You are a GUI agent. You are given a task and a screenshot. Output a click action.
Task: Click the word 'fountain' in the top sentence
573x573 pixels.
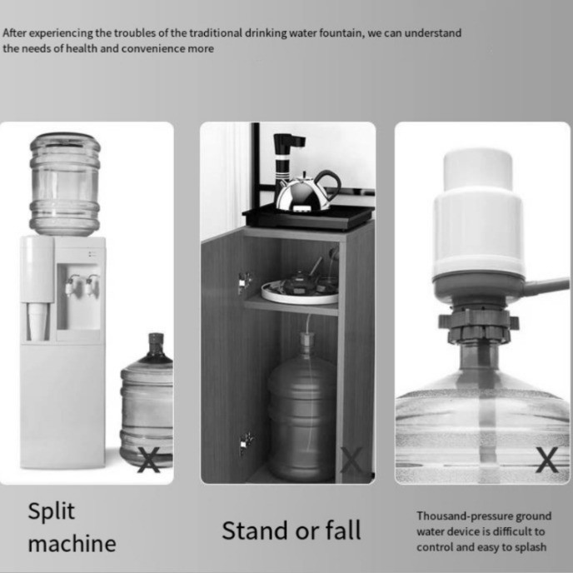point(341,32)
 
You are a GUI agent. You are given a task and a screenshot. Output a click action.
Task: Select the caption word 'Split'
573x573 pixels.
point(52,511)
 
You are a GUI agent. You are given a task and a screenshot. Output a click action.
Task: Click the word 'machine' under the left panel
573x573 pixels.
point(72,544)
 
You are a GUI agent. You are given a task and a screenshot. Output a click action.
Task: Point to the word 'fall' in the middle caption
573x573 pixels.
point(343,531)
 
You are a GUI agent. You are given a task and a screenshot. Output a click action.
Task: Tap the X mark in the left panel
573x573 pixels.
point(149,460)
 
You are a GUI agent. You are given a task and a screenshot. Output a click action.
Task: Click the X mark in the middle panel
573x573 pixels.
point(351,460)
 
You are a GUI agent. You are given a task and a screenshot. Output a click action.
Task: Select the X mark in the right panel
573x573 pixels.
point(547,460)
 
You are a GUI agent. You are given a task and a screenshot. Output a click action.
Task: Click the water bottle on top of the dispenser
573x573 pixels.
point(65,184)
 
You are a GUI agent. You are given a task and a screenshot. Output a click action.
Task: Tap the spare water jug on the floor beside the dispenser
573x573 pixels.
point(147,400)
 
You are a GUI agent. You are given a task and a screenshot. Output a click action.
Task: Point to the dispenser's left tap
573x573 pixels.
point(71,286)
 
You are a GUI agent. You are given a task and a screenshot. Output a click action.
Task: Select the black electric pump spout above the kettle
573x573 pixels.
point(286,157)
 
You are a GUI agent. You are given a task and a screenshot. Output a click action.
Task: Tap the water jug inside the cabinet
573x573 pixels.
point(302,406)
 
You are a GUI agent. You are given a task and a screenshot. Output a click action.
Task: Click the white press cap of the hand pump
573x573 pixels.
point(477,170)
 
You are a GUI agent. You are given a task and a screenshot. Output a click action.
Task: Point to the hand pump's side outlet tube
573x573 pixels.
point(546,286)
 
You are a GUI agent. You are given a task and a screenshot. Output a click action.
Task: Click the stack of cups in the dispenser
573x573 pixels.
point(37,321)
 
